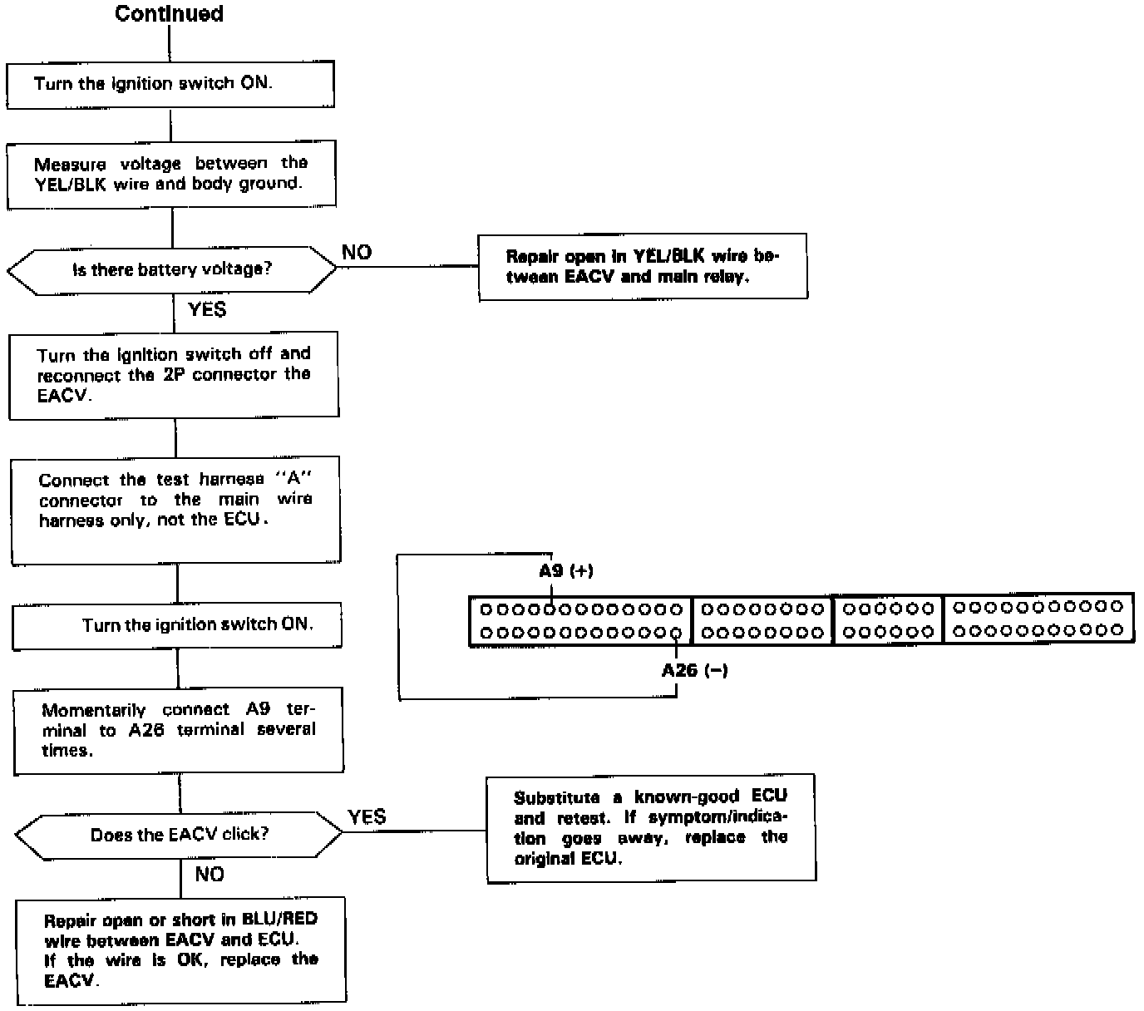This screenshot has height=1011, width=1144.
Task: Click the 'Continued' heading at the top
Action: click(x=169, y=14)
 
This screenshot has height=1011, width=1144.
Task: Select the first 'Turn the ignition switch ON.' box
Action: click(x=170, y=83)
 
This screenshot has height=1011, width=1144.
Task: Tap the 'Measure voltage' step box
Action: click(x=171, y=173)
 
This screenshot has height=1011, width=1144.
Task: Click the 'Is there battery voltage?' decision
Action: click(x=171, y=269)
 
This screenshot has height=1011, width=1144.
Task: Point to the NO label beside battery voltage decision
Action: click(x=357, y=253)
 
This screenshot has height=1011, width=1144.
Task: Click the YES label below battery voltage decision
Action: click(x=207, y=309)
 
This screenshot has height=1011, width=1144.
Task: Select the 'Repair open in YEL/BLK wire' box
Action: click(x=643, y=266)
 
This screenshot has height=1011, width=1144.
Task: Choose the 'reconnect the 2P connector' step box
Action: click(x=174, y=375)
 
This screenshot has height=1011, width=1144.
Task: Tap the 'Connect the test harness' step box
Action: click(x=175, y=509)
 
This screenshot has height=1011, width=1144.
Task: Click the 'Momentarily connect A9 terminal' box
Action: click(x=179, y=730)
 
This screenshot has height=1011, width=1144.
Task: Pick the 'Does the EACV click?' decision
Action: click(x=180, y=835)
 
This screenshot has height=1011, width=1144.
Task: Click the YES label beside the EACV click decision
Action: click(x=367, y=817)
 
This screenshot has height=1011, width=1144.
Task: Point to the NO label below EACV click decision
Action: click(x=210, y=875)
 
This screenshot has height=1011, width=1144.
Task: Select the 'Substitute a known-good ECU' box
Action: click(x=651, y=827)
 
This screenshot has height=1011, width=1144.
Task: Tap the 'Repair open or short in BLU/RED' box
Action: click(x=181, y=949)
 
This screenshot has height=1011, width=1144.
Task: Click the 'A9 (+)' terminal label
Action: click(x=566, y=570)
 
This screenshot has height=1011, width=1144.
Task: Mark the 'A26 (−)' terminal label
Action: click(x=694, y=670)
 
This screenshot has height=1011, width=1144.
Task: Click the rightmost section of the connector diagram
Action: click(x=1038, y=619)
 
